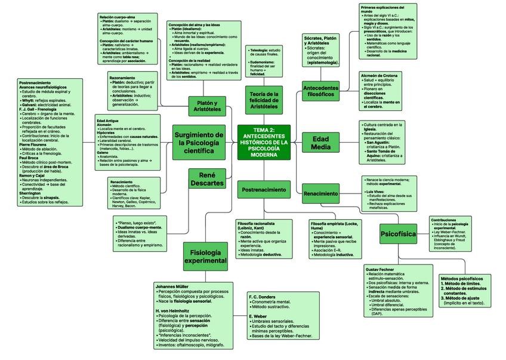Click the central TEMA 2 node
[263, 143]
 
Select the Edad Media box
[320, 143]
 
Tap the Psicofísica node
[398, 234]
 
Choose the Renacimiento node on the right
[320, 193]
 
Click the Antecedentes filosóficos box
[321, 91]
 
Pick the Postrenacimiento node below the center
[263, 190]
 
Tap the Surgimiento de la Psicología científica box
[199, 142]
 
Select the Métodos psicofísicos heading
[461, 279]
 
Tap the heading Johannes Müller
[172, 286]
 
